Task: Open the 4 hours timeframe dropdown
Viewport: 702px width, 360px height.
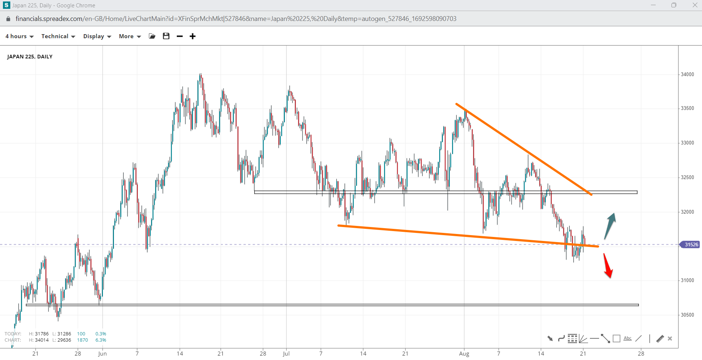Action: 19,36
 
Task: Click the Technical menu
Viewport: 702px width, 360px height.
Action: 58,36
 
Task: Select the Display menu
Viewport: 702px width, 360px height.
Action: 97,36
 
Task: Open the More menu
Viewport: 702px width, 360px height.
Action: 130,36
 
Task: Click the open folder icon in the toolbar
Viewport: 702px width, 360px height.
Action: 152,36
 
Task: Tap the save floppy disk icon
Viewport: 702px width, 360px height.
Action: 166,36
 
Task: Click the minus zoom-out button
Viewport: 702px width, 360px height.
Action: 180,36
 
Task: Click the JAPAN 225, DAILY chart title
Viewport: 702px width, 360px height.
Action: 30,57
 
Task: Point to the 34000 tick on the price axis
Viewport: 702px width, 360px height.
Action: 687,74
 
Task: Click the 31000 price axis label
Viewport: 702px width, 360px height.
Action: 687,280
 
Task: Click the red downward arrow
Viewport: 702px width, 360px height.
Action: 608,266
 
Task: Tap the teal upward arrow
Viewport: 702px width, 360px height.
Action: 610,225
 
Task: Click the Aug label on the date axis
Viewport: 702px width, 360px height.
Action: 464,353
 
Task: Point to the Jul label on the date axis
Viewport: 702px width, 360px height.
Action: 286,353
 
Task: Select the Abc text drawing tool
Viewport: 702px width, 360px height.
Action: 628,338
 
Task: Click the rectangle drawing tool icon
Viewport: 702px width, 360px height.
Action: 617,338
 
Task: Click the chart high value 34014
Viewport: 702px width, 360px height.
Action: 42,340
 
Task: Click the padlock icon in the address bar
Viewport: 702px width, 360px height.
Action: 8,19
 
